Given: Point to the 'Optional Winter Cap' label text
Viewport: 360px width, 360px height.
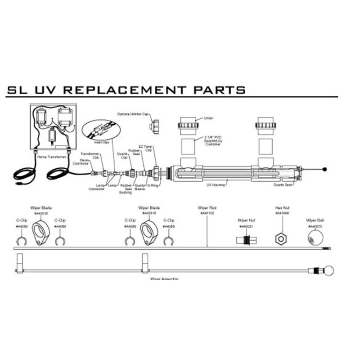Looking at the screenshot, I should pos(132,114).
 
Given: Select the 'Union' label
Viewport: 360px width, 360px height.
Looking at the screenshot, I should pos(208,118).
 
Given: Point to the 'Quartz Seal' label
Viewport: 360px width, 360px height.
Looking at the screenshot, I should pos(282,184).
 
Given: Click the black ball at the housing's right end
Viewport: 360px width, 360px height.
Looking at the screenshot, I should pos(325,170).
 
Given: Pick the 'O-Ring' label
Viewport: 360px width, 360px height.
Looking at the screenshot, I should pos(152,184).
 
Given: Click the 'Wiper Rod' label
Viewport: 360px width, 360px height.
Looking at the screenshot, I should pos(207,210).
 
